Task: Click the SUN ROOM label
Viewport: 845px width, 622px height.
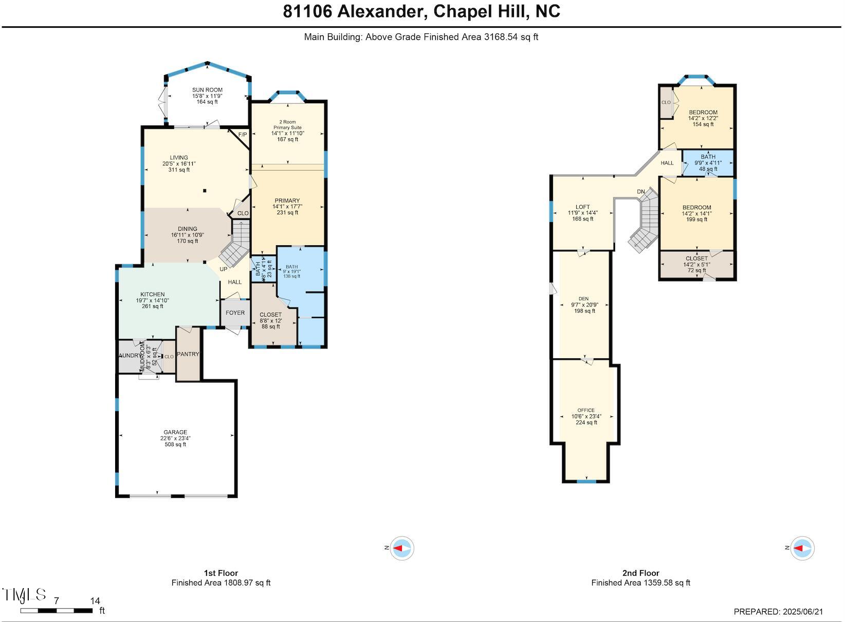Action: (207, 90)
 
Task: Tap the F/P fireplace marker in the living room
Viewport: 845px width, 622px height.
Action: (243, 135)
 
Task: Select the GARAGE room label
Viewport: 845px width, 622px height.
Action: (175, 432)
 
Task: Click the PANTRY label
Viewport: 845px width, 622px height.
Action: (188, 354)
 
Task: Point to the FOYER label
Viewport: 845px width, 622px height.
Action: (235, 313)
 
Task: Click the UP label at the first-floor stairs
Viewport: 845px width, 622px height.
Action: (224, 269)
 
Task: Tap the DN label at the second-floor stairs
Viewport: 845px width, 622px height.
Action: (641, 192)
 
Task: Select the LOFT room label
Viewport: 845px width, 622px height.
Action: (583, 207)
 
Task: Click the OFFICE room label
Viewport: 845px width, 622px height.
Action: (586, 410)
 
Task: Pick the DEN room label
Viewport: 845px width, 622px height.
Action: (583, 299)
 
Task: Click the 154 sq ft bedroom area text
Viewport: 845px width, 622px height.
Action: (703, 124)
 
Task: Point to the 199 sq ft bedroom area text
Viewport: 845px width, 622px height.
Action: (696, 219)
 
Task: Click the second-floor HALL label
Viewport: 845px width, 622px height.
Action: (667, 163)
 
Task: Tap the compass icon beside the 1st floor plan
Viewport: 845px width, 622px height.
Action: (401, 548)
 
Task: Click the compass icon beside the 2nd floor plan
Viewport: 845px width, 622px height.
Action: (802, 548)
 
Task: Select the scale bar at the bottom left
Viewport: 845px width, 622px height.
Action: (57, 611)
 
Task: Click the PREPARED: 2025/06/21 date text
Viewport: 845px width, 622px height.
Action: (778, 612)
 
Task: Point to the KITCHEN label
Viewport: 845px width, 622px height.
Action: (153, 295)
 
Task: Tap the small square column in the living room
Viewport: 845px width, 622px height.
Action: (205, 191)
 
